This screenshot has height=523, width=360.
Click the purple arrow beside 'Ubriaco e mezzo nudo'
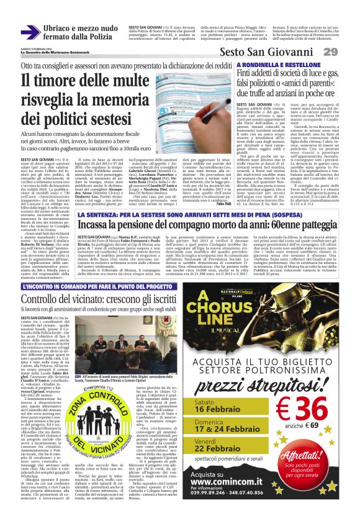click(x=30, y=32)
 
